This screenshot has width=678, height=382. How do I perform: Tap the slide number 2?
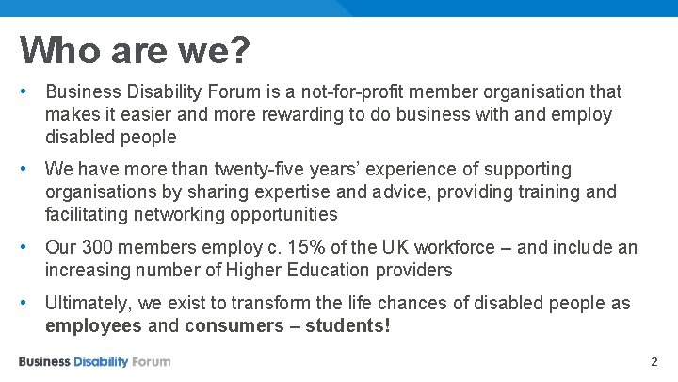tap(655, 362)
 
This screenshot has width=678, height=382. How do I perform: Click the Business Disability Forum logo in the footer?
tap(94, 362)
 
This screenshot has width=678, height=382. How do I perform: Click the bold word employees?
tap(92, 326)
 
